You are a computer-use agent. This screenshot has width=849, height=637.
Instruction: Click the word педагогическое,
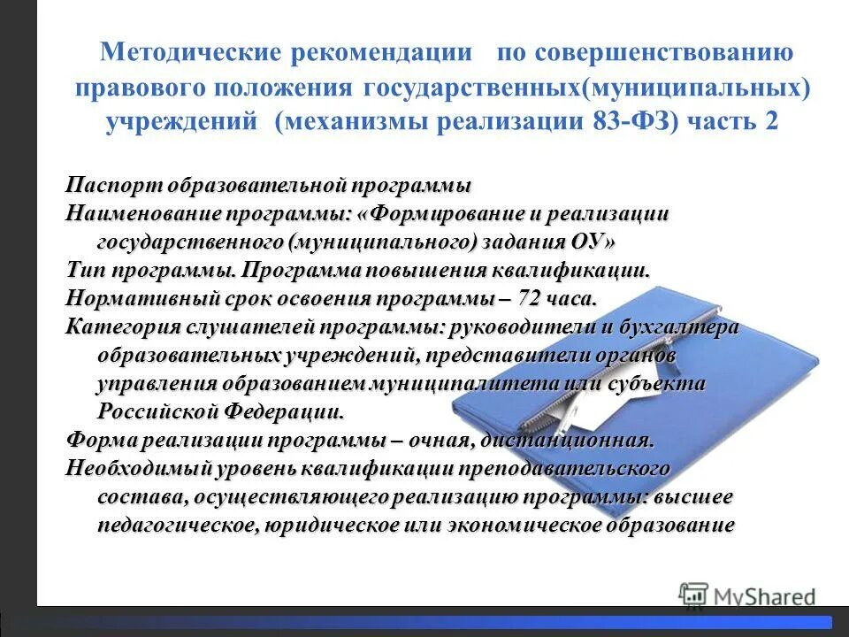pos(178,525)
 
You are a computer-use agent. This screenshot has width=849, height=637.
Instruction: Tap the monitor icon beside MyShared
pos(694,594)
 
